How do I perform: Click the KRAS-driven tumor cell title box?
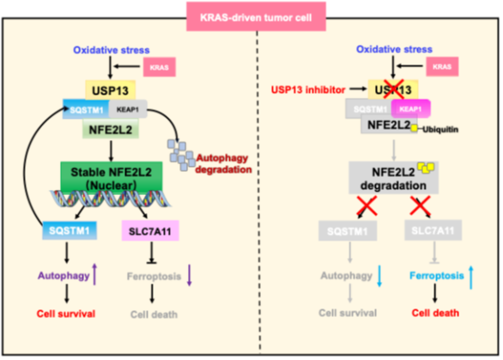[x=256, y=16]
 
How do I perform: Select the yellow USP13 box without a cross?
[x=110, y=90]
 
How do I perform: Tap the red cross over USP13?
[x=393, y=89]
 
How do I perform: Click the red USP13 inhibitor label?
[x=308, y=89]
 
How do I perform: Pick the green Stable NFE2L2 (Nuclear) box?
[x=112, y=178]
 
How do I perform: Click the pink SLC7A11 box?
[x=150, y=230]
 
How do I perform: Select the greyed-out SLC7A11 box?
[x=433, y=230]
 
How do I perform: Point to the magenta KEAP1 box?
[x=410, y=109]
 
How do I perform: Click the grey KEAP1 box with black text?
[x=128, y=109]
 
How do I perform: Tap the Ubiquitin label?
[x=440, y=130]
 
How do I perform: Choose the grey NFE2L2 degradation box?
[x=393, y=178]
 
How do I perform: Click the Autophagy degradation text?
[x=223, y=163]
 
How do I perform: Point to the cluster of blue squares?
[x=181, y=155]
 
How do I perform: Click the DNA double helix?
[x=111, y=198]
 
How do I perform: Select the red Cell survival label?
[x=66, y=314]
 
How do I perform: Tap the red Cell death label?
[x=435, y=313]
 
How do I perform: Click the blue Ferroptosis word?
[x=437, y=275]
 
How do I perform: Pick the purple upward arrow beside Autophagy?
[x=94, y=274]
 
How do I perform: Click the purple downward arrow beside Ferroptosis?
[x=189, y=275]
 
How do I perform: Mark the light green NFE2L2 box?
[x=111, y=129]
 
